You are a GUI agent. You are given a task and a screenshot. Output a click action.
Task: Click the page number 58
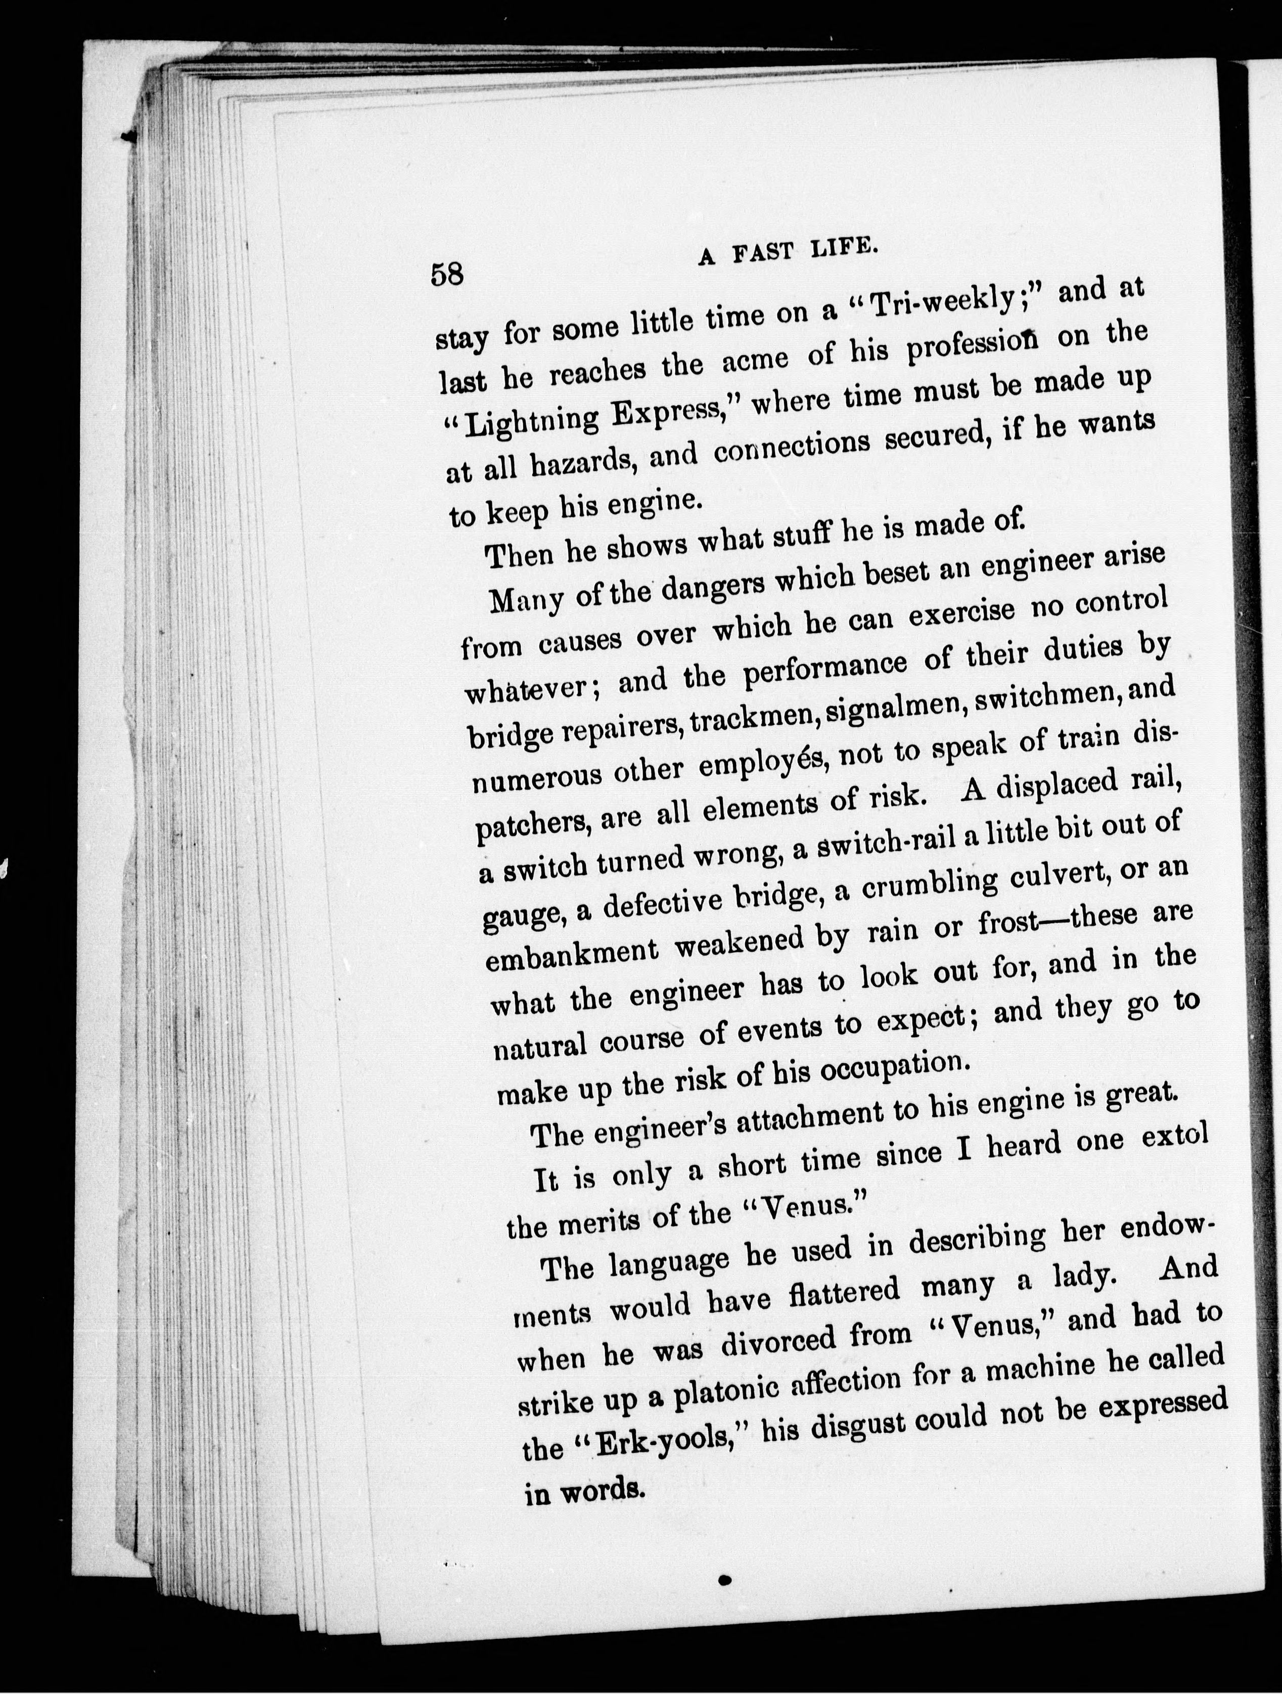pyautogui.click(x=448, y=273)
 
